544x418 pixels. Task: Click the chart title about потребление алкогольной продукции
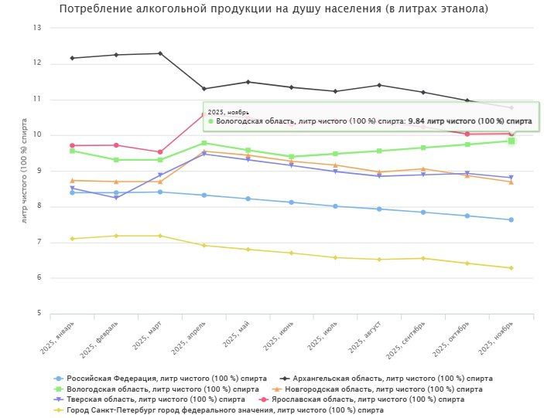[273, 9]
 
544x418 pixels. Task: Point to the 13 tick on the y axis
[36, 28]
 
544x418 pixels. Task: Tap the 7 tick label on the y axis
[38, 243]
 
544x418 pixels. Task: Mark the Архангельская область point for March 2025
[160, 53]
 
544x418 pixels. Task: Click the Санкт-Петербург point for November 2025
[511, 268]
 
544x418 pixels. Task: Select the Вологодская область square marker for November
[511, 141]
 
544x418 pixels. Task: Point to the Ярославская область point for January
[72, 145]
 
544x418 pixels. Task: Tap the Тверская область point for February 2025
[116, 198]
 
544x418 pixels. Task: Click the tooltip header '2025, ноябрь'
[228, 111]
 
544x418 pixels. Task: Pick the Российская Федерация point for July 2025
[335, 206]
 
